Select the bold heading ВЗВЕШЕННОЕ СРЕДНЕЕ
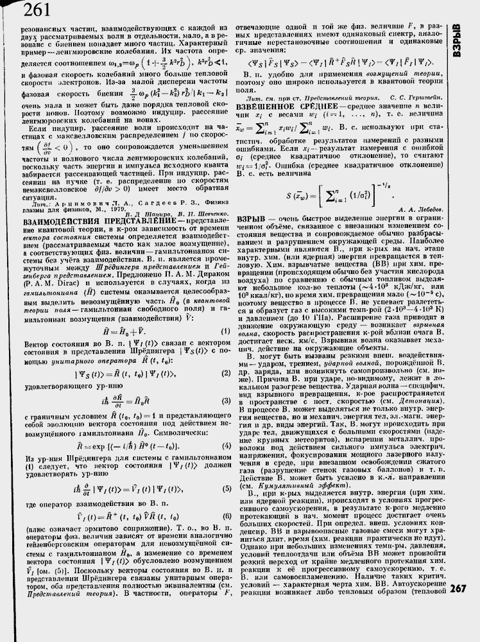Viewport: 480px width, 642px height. pyautogui.click(x=275, y=103)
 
